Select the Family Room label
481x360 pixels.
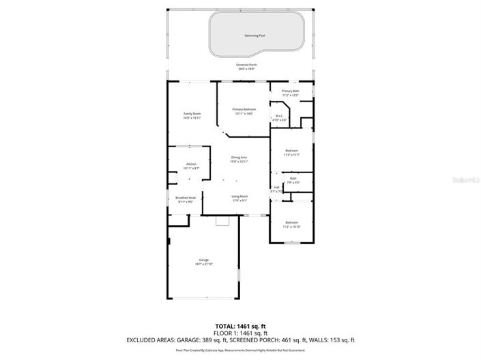(x=192, y=114)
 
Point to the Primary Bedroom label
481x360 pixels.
(x=244, y=109)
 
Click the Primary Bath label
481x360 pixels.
(x=291, y=91)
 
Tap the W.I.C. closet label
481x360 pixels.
(x=280, y=117)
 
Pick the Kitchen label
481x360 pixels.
(x=192, y=164)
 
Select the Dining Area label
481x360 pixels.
(x=238, y=157)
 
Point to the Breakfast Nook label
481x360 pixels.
(x=186, y=198)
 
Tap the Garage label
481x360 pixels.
(x=203, y=260)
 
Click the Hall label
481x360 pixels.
(x=276, y=187)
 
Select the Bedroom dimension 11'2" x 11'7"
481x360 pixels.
(x=291, y=155)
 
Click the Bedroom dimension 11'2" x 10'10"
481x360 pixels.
(x=291, y=227)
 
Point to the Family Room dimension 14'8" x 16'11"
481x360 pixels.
(x=192, y=118)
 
